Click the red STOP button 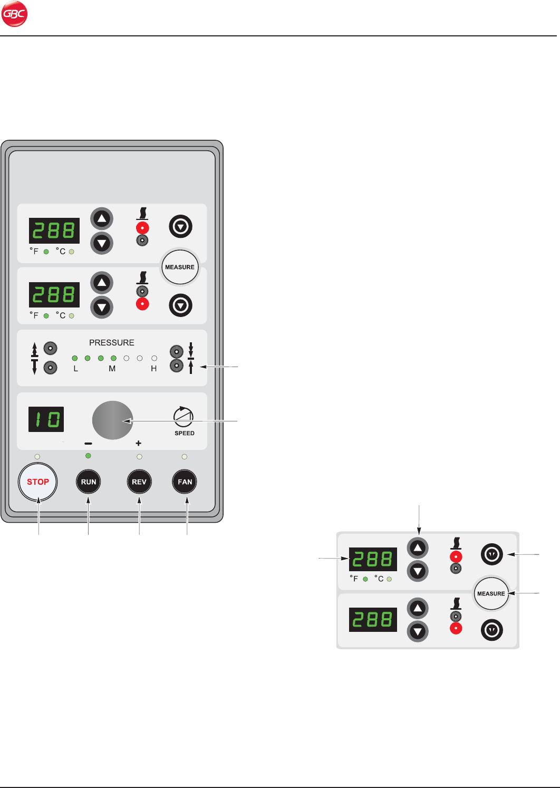click(x=37, y=482)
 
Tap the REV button click(x=139, y=482)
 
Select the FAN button click(x=185, y=482)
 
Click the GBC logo click(x=14, y=14)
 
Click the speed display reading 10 click(x=46, y=419)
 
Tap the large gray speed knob click(x=112, y=420)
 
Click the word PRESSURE click(x=112, y=342)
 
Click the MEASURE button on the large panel click(x=180, y=267)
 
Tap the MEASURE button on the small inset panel click(x=491, y=593)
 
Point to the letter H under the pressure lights click(x=154, y=369)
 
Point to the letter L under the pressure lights click(x=76, y=369)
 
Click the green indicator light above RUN click(x=88, y=456)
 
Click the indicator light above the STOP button click(x=37, y=456)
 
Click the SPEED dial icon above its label click(x=184, y=417)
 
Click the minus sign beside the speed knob click(x=88, y=444)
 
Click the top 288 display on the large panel click(x=54, y=231)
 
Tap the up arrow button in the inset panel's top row click(x=418, y=548)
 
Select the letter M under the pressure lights click(x=112, y=369)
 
